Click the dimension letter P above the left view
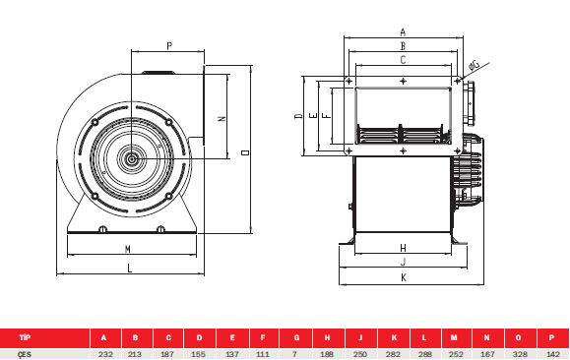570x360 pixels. [x=169, y=46]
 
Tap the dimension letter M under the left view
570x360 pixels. [x=128, y=249]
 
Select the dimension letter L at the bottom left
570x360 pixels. [x=129, y=269]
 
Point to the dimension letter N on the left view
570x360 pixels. [x=222, y=118]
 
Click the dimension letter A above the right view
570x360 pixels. [x=403, y=32]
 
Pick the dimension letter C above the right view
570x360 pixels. [x=403, y=60]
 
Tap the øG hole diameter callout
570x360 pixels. [x=475, y=65]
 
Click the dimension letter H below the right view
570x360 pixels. [x=403, y=248]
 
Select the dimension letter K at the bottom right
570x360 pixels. [x=404, y=277]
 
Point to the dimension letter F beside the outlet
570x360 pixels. [x=328, y=115]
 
